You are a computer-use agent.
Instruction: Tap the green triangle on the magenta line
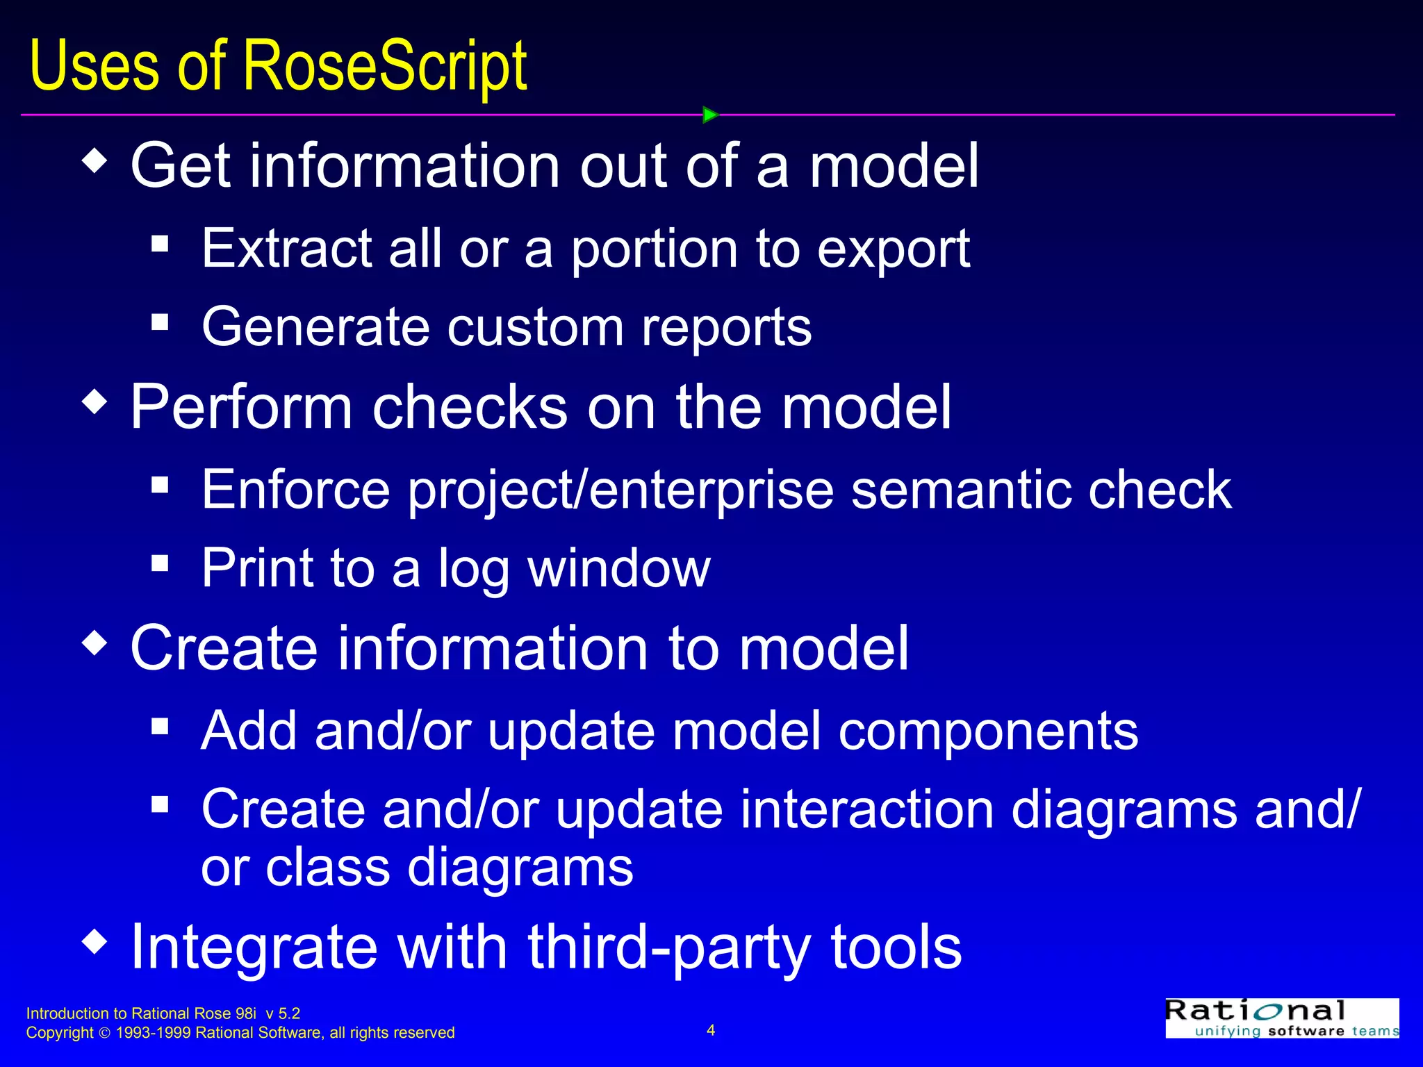coord(709,115)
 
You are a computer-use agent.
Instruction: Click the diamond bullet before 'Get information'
coord(94,161)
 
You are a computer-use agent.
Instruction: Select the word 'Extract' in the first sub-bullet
coord(287,248)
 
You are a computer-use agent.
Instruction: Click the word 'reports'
coord(725,327)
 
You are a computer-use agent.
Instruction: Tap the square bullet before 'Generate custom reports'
coord(160,322)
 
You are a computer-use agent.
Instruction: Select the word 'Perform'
coord(241,407)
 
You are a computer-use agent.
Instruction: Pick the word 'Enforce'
coord(295,490)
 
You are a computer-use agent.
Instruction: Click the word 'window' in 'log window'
coord(618,568)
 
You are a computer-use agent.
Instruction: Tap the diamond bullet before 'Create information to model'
coord(94,643)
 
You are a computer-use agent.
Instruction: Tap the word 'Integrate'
coord(254,947)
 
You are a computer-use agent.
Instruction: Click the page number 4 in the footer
coord(711,1030)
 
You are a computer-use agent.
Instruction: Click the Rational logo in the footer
coord(1281,1018)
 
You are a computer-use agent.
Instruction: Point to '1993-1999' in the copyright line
coord(153,1033)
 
